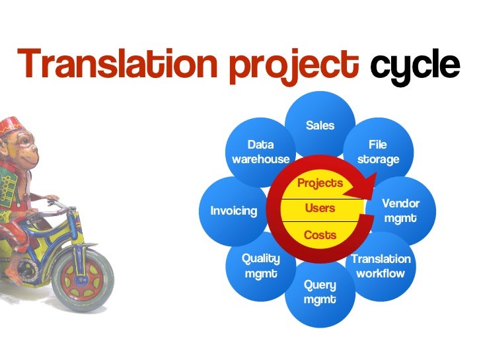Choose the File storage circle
[379, 149]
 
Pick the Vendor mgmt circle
[402, 210]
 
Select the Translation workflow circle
[381, 267]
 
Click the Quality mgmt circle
[260, 267]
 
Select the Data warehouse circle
[260, 151]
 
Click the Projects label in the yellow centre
[320, 184]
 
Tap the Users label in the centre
[320, 209]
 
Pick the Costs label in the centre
[320, 234]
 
